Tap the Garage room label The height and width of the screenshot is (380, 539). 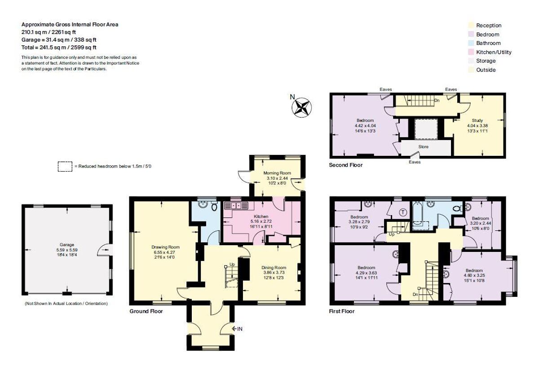coord(67,245)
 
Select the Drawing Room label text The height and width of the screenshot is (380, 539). coord(165,247)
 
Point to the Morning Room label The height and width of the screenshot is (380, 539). coord(277,173)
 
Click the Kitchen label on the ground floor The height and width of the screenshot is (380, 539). coord(261,216)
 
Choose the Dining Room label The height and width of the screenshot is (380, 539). coord(274,268)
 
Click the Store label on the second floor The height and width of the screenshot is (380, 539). coord(423,147)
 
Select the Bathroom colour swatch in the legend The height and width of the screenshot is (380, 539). coord(471,43)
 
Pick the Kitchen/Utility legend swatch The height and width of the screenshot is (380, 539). coord(471,52)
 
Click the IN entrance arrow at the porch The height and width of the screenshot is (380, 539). coord(237,329)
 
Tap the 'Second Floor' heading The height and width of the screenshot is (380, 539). coord(345,165)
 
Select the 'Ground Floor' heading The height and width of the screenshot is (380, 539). coord(146,311)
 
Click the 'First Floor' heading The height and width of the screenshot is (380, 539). coord(341,311)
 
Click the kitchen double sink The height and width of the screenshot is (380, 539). coord(236,206)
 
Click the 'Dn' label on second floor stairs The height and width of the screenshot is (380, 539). coord(437,100)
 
